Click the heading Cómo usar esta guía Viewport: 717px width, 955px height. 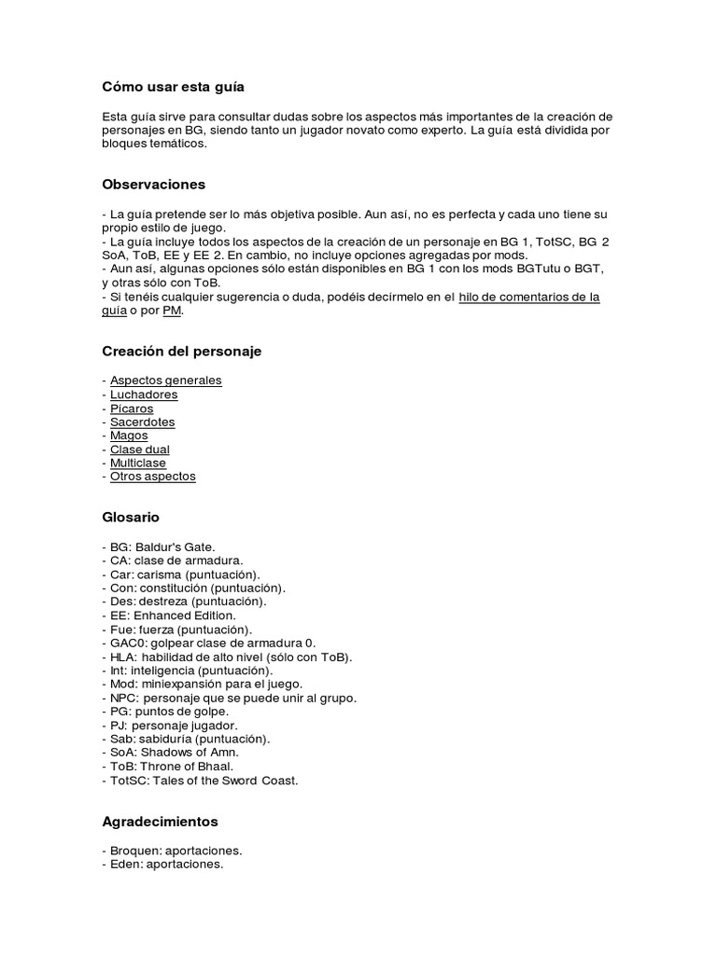173,87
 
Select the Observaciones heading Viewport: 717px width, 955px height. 153,185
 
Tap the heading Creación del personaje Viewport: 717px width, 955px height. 181,352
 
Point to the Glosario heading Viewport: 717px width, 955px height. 131,517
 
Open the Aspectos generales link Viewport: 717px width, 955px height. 166,381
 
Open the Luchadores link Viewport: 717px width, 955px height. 144,394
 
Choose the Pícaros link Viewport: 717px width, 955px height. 132,408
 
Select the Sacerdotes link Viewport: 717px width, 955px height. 142,422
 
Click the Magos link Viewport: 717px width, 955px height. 129,436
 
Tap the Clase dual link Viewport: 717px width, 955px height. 140,450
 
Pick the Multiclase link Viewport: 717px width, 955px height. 138,463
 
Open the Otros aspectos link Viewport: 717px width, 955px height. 153,476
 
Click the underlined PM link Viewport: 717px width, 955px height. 172,311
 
